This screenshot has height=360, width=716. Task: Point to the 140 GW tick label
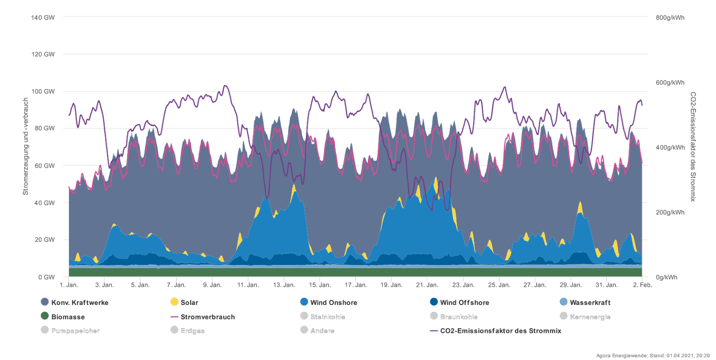(x=43, y=17)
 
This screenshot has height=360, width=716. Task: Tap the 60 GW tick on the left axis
(x=44, y=166)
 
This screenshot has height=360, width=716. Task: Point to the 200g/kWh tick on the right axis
(x=670, y=212)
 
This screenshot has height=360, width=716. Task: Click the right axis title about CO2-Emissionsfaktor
(x=693, y=146)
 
